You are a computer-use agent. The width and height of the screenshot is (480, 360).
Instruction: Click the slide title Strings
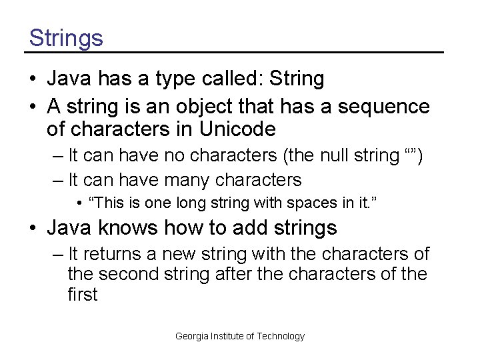tap(66, 37)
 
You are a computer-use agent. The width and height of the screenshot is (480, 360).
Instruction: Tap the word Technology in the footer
tap(279, 336)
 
